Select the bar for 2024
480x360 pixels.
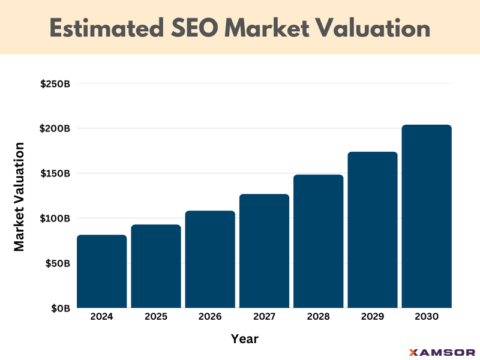[102, 271]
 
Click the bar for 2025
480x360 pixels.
[156, 266]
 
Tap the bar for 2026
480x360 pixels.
[210, 259]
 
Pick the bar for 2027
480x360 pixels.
[264, 251]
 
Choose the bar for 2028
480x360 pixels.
[318, 241]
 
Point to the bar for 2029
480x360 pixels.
[373, 230]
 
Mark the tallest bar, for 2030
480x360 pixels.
[427, 216]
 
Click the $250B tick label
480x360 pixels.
[55, 83]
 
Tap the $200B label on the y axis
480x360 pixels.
[55, 128]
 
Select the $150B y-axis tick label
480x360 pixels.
[55, 173]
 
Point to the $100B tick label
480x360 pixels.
[55, 218]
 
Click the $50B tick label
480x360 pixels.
[58, 263]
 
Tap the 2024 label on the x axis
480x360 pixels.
[102, 317]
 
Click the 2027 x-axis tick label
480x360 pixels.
[264, 317]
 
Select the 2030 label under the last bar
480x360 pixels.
[427, 317]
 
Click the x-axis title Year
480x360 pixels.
[245, 339]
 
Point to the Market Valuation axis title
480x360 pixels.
[19, 196]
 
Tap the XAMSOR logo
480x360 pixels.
[441, 352]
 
